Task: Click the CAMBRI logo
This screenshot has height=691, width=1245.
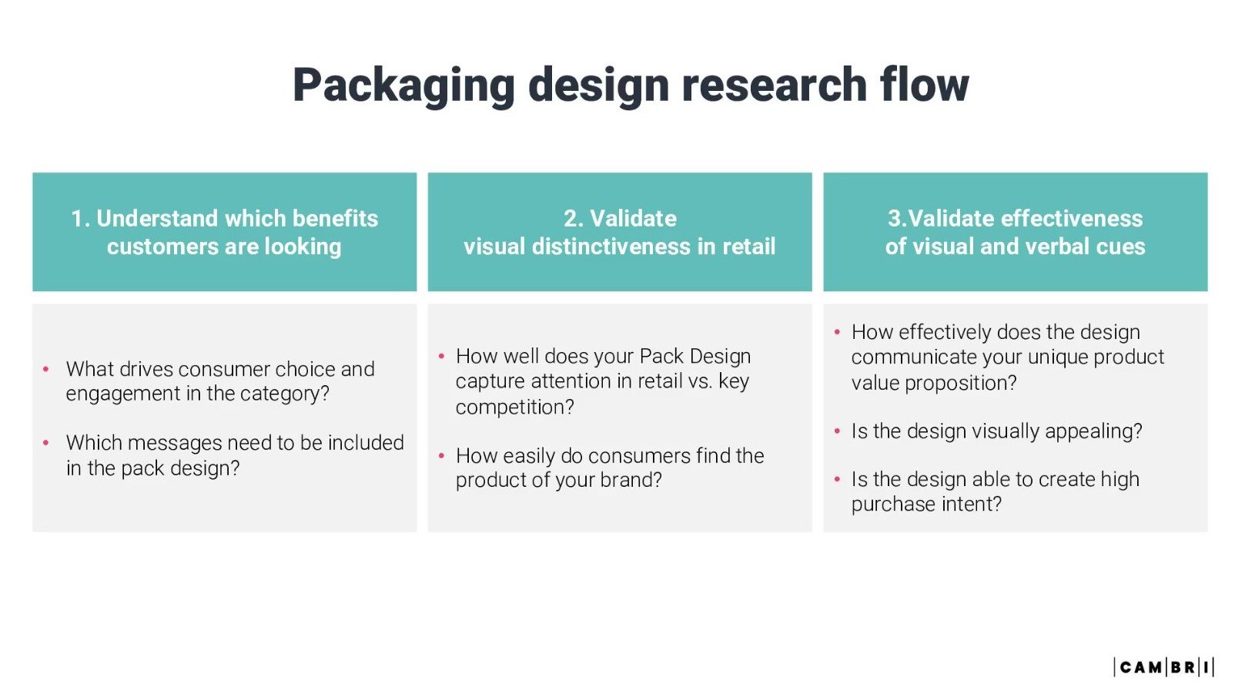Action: [1163, 666]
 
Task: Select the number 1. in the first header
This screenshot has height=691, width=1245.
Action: [80, 219]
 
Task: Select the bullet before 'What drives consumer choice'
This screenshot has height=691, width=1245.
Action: [46, 370]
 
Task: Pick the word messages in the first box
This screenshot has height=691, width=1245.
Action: [176, 444]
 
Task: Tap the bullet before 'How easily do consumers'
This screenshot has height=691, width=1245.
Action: [441, 456]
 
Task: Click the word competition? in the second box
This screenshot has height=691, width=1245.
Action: [514, 408]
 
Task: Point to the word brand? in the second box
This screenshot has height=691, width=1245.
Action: [631, 481]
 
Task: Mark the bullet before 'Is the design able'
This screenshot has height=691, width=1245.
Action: [837, 480]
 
